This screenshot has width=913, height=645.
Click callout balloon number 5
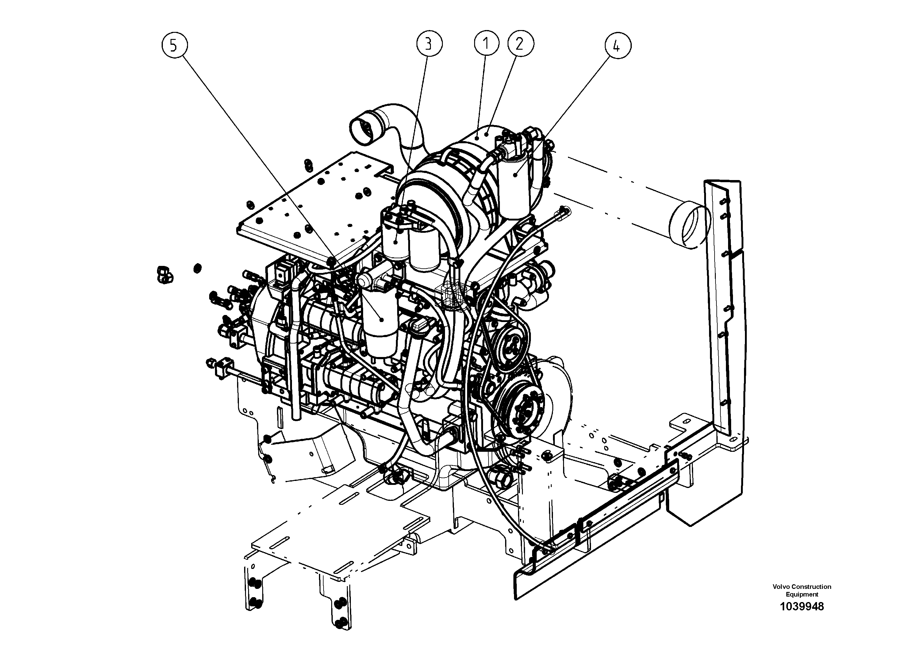pyautogui.click(x=174, y=46)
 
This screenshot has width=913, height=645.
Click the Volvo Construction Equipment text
pyautogui.click(x=802, y=590)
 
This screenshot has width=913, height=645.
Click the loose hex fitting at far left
pyautogui.click(x=163, y=275)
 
